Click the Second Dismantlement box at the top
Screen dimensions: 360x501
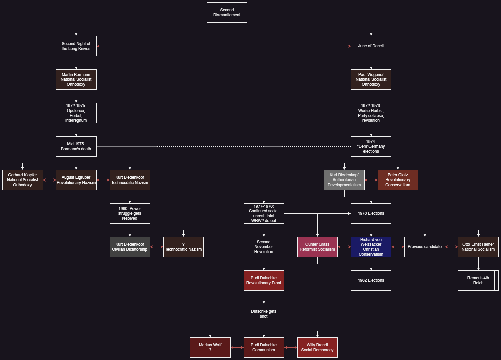[x=227, y=12]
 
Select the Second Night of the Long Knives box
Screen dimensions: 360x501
[x=76, y=46]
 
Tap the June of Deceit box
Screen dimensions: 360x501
[x=371, y=46]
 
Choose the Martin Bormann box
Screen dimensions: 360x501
[x=76, y=79]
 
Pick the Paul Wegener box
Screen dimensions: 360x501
[x=371, y=79]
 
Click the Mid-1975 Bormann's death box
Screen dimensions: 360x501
[x=76, y=146]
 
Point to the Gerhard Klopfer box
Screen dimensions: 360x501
[x=22, y=180]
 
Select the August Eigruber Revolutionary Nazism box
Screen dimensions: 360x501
[x=76, y=180]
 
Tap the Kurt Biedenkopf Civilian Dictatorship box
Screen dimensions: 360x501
[x=130, y=247]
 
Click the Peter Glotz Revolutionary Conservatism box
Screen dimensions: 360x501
[x=398, y=180]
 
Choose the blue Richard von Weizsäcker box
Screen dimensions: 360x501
[x=371, y=247]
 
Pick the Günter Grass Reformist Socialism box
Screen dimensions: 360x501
[x=317, y=247]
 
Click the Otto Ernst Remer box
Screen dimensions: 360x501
[x=478, y=247]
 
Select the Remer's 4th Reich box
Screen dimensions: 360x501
[x=478, y=280]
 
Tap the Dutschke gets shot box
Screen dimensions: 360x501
[x=264, y=314]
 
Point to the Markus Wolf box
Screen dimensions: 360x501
[x=210, y=347]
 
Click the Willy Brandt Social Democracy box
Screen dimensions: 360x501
[x=317, y=347]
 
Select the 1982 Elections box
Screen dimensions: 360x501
[x=371, y=280]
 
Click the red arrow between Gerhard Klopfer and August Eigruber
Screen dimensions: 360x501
[x=49, y=180]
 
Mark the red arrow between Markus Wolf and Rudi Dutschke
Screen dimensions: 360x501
[x=237, y=347]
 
